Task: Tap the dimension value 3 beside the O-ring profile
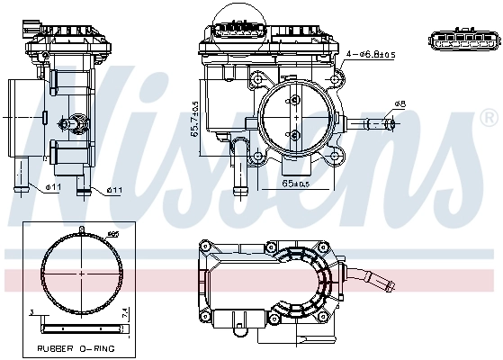[x=31, y=312]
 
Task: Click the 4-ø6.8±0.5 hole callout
[x=370, y=56]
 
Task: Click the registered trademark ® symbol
[x=487, y=117]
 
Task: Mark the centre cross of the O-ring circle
[x=81, y=272]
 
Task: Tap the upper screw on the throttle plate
[x=294, y=102]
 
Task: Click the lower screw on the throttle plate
[x=294, y=134]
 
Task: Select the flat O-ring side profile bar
[x=81, y=318]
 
